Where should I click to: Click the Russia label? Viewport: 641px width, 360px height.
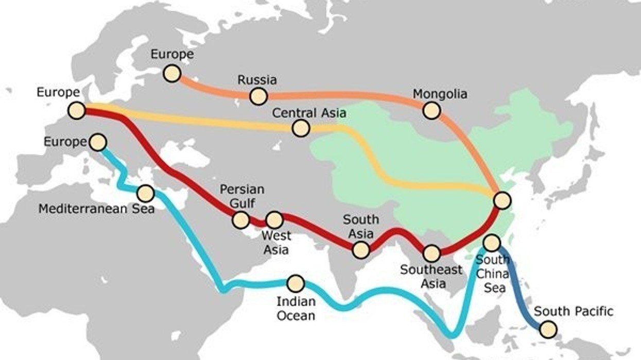point(257,80)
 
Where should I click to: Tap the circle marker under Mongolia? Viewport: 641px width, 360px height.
point(431,110)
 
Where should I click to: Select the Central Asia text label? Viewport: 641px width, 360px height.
point(309,112)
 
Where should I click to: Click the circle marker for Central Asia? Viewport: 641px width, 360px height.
point(300,128)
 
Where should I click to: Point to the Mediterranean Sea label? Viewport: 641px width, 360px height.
point(96,209)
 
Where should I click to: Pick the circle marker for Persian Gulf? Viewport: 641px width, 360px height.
point(240,220)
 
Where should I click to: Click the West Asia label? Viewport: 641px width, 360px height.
point(276,243)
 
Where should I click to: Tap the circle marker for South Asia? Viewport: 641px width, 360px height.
point(361,250)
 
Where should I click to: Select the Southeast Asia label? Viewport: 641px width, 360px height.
point(431,276)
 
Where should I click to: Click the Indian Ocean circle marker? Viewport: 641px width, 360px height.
point(296,283)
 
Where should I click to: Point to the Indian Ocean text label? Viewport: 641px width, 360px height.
point(296,308)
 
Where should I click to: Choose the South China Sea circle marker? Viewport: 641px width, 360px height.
point(492,242)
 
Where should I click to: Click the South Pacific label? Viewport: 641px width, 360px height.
point(573,311)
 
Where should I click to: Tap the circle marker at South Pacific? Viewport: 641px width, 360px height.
point(549,329)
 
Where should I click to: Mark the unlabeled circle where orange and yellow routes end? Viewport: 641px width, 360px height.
point(502,200)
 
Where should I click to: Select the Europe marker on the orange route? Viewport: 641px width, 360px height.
point(171,73)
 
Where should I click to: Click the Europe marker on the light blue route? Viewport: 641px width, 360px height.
point(97,142)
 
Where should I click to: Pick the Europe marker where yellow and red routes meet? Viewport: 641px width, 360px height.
point(76,110)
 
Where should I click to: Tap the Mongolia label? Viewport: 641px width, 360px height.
point(440,94)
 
